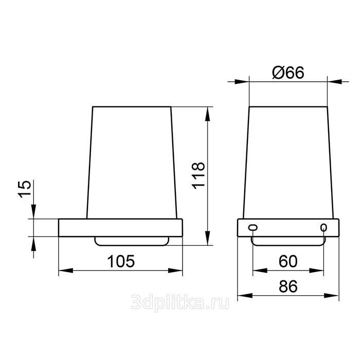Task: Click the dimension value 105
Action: (x=121, y=261)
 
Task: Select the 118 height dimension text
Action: (x=198, y=176)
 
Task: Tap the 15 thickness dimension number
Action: (x=24, y=189)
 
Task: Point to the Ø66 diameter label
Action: (x=288, y=73)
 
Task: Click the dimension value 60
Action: (x=288, y=261)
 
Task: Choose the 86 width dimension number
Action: (x=288, y=286)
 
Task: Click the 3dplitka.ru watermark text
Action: (x=180, y=302)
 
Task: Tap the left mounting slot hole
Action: (x=253, y=227)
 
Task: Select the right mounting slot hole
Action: (x=323, y=227)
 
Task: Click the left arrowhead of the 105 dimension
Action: (x=66, y=271)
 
